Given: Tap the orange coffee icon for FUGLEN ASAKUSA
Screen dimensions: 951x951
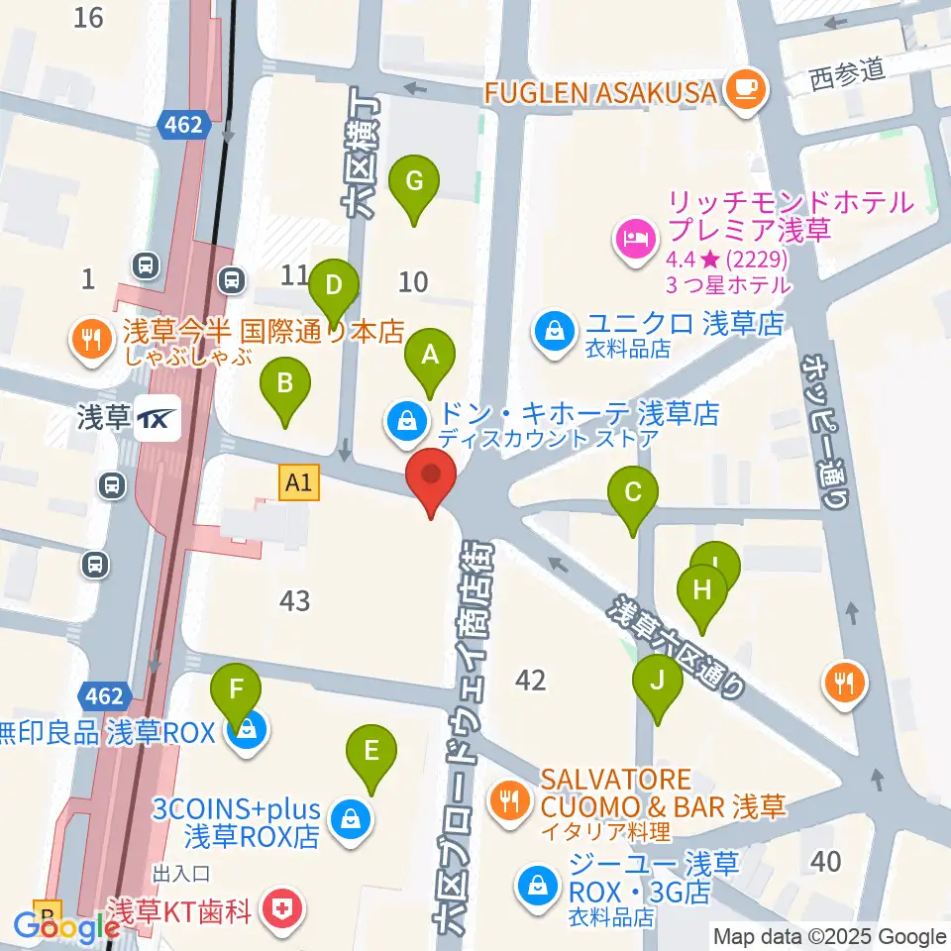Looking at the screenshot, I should click(743, 91).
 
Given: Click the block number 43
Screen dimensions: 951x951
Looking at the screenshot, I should click(295, 600).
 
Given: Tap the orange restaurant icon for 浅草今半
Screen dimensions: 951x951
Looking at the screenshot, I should click(91, 341).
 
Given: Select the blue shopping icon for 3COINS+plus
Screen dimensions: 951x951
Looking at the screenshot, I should click(348, 820).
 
